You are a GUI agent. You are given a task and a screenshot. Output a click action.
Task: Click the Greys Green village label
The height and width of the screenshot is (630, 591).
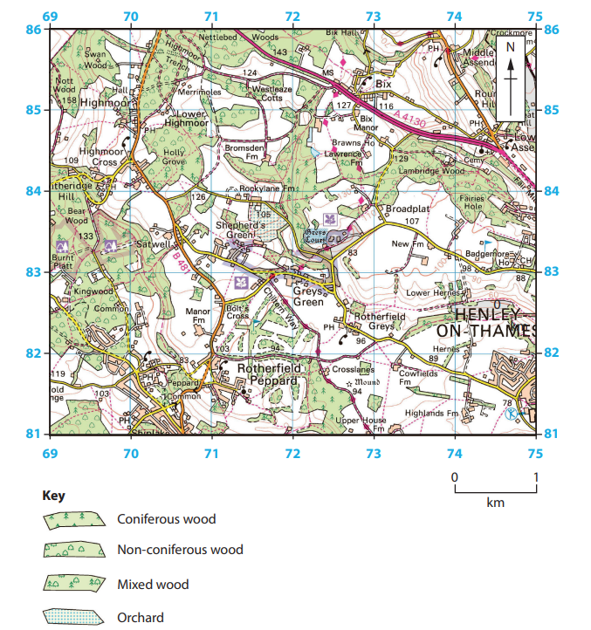[307, 297]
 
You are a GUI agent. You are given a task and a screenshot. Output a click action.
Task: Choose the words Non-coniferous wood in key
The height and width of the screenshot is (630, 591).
[180, 550]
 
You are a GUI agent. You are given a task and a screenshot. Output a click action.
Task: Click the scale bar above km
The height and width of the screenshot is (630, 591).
[494, 489]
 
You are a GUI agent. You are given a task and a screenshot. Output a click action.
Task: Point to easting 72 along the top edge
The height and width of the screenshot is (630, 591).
[292, 17]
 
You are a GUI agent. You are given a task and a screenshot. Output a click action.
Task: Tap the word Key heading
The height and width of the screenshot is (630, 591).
[53, 495]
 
